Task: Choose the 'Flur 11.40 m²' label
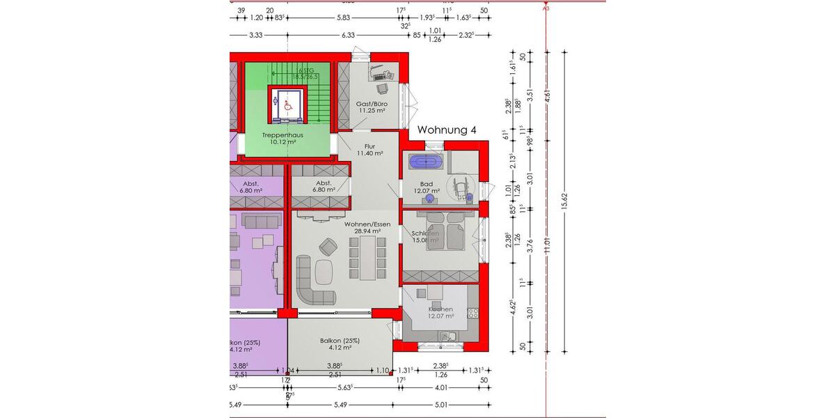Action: pos(369,149)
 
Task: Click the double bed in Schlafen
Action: pos(446,231)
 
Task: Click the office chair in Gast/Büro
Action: pos(382,88)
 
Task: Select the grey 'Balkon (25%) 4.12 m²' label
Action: pos(340,343)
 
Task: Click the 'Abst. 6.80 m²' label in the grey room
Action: pos(324,186)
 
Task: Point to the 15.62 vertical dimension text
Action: pos(565,201)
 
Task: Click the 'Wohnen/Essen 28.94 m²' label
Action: pos(367,227)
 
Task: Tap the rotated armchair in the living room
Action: pos(327,246)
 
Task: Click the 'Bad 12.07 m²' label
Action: pos(426,187)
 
